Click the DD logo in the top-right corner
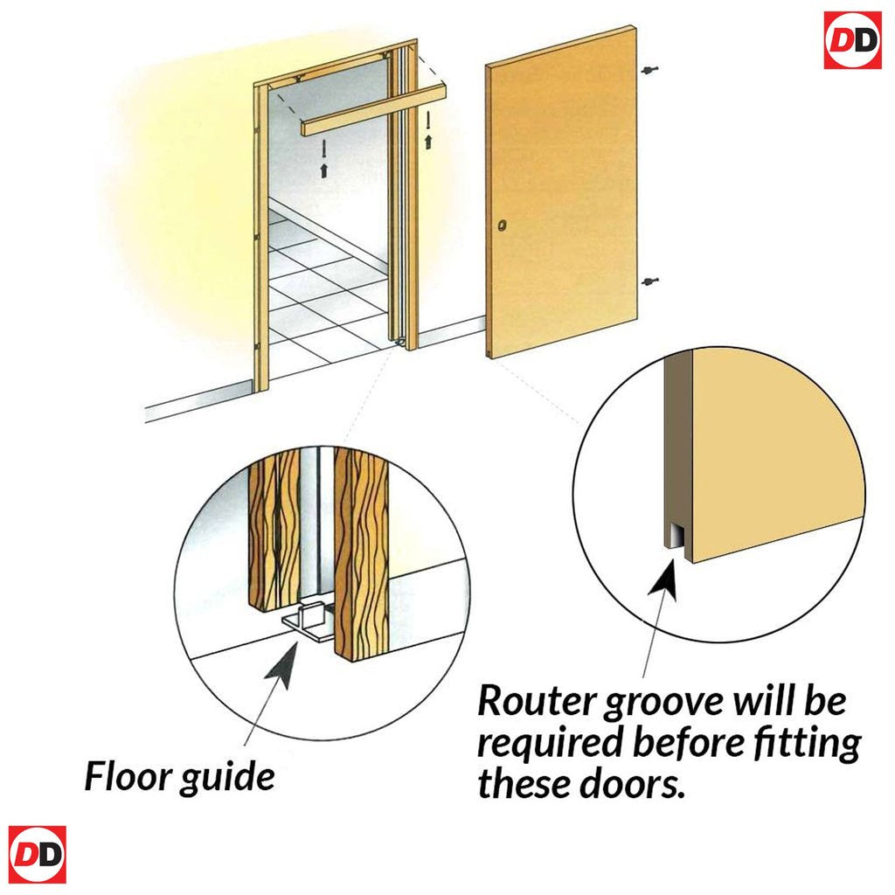click(x=853, y=40)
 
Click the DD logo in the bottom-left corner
click(x=37, y=855)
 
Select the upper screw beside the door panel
click(x=649, y=70)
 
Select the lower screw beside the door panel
click(x=649, y=281)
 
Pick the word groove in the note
click(x=664, y=704)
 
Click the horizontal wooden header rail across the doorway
click(x=374, y=109)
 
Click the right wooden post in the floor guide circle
click(x=362, y=553)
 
